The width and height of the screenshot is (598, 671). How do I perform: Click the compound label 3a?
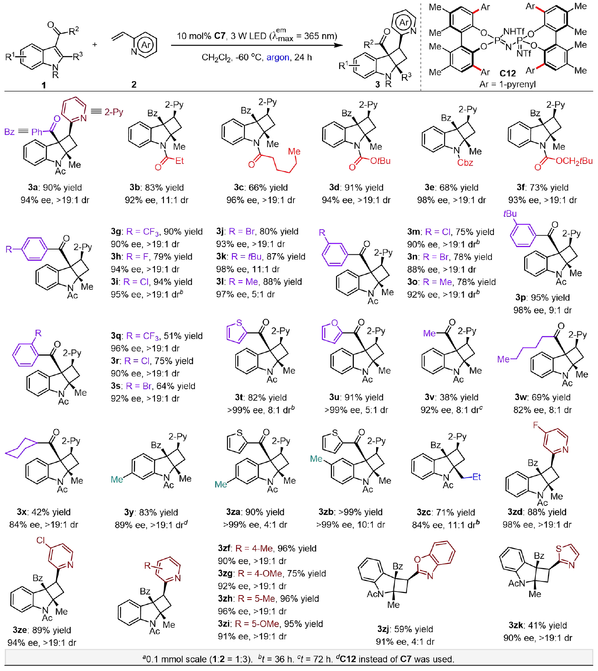33,188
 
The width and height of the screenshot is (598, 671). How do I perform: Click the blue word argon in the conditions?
278,57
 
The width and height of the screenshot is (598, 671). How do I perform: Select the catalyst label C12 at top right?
507,73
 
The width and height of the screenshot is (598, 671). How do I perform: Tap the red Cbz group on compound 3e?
465,163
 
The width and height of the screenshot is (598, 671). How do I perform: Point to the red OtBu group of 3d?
380,161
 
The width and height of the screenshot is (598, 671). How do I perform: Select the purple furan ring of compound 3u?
331,332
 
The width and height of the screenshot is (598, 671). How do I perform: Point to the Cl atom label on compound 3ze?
41,540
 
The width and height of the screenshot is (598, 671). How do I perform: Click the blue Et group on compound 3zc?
477,477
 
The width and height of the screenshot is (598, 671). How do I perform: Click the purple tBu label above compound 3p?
510,214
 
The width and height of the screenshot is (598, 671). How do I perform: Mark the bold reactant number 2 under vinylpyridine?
134,84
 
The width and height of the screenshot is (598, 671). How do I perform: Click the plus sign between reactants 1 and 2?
95,44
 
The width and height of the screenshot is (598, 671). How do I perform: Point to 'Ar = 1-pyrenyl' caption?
507,84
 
